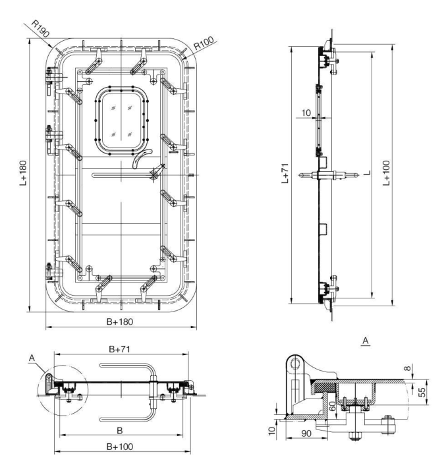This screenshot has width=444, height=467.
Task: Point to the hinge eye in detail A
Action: [295, 362]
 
